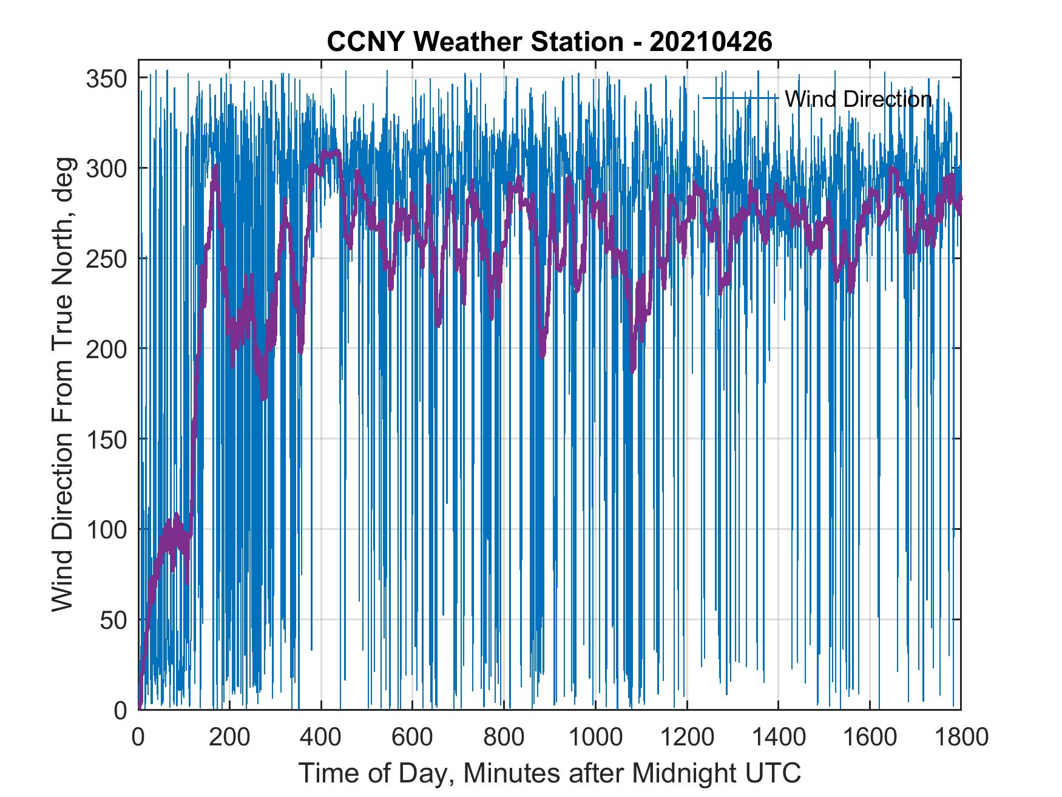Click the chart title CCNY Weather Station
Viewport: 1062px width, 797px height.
475,42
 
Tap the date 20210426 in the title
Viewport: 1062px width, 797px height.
711,42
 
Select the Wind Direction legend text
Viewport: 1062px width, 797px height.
858,99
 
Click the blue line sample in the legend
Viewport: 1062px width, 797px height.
740,98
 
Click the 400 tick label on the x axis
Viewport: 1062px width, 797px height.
321,737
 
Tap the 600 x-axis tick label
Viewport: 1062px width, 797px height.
412,737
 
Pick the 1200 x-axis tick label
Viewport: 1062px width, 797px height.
686,737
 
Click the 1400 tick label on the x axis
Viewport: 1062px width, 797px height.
778,737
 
